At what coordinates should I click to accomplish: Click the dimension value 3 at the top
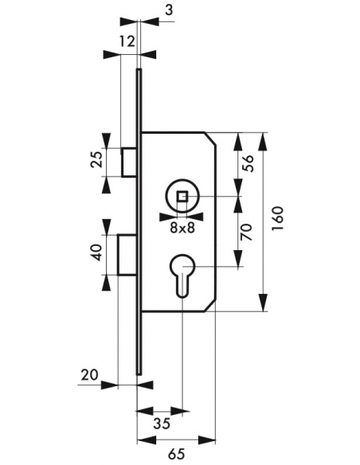tap(168, 10)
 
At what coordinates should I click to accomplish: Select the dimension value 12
tap(127, 41)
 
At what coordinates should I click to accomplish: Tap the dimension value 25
tap(96, 160)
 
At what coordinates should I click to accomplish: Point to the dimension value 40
tap(96, 252)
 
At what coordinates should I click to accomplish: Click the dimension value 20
tap(89, 375)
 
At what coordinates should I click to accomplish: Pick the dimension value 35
tap(162, 423)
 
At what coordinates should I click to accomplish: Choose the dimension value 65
tap(176, 454)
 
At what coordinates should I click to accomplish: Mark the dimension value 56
tap(248, 163)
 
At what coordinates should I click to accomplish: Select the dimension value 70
tap(246, 232)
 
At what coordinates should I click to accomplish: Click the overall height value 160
tap(277, 218)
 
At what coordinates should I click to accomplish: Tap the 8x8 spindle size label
tap(182, 228)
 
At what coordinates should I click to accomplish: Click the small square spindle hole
tap(182, 197)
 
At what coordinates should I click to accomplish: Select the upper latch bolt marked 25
tap(129, 162)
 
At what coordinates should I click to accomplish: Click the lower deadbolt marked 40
tap(127, 255)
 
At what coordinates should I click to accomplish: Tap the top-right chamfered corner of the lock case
tap(210, 139)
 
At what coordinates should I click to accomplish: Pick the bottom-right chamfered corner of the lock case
tap(210, 306)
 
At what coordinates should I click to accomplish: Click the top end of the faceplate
tap(139, 70)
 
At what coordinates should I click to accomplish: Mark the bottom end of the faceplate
tap(139, 374)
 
